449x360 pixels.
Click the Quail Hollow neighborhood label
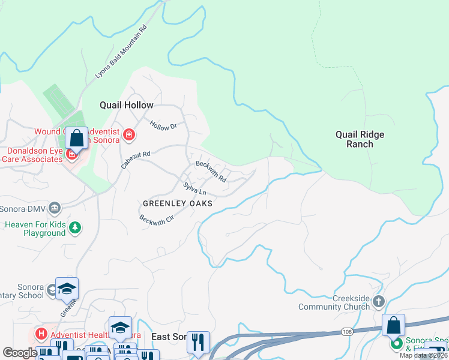pos(126,105)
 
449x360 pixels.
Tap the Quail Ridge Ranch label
pos(360,139)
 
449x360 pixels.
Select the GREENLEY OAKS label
pos(177,203)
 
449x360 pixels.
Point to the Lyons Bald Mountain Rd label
pos(121,52)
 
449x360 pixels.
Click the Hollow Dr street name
pos(163,126)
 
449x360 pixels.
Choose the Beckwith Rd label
pos(211,171)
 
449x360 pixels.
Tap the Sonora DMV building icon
pos(55,208)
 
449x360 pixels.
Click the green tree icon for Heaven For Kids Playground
pos(75,227)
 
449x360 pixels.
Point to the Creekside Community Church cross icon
pos(379,302)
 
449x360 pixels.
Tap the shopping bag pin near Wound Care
pos(77,139)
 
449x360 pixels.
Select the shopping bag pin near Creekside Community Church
pos(393,325)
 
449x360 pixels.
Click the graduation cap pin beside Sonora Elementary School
pos(67,289)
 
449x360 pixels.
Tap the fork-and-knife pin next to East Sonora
pos(198,343)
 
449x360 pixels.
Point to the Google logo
pos(20,353)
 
